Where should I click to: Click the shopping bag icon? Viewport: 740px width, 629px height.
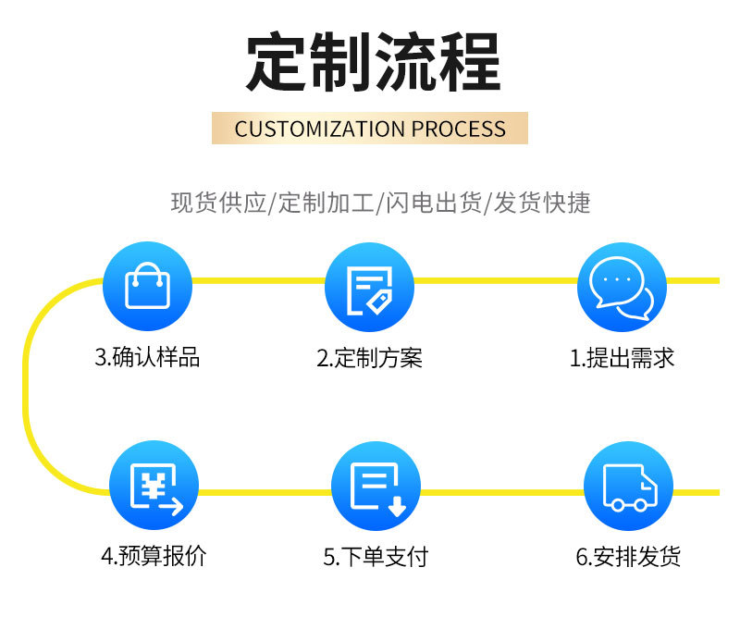click(x=147, y=286)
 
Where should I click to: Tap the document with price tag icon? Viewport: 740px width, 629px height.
click(x=369, y=288)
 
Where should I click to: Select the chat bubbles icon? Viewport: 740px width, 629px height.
click(x=622, y=287)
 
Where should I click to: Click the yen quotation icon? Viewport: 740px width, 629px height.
click(x=154, y=486)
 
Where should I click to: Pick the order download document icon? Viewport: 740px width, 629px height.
click(x=376, y=487)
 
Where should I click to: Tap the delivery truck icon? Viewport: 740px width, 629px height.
click(x=628, y=487)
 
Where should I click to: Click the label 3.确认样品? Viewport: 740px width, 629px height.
click(x=147, y=358)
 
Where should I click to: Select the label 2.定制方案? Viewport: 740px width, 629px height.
click(x=369, y=358)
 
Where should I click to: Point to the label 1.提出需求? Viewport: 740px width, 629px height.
click(x=622, y=358)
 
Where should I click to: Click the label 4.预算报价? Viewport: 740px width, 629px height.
click(x=154, y=556)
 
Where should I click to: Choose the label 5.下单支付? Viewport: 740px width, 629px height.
click(x=376, y=557)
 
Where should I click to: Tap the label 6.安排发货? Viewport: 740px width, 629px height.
click(x=628, y=557)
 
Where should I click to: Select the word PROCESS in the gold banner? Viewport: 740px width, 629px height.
click(x=459, y=129)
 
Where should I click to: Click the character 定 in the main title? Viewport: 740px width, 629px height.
click(x=277, y=63)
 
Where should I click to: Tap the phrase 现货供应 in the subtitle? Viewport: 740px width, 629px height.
click(x=218, y=203)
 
